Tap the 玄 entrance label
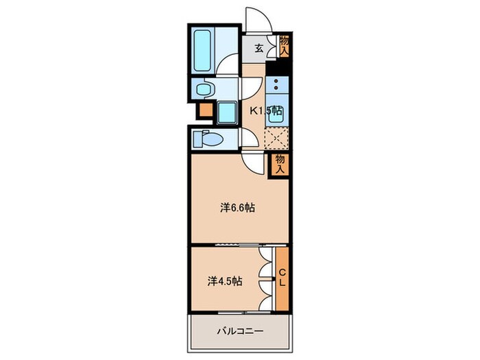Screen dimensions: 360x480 (260, 48)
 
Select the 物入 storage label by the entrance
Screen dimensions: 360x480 (284, 46)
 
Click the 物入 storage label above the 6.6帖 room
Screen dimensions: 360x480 (280, 164)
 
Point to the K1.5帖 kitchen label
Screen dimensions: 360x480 (264, 110)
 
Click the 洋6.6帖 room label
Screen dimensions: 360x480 (237, 207)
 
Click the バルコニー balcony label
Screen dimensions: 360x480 (236, 331)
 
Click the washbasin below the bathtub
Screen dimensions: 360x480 (204, 88)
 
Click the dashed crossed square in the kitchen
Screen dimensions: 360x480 (276, 138)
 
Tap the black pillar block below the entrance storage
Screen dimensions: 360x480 (276, 68)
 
